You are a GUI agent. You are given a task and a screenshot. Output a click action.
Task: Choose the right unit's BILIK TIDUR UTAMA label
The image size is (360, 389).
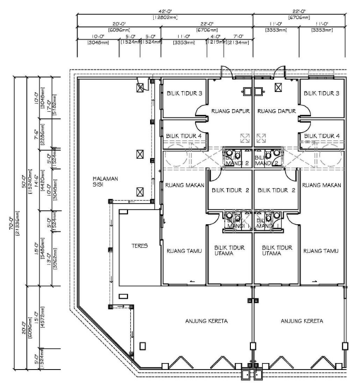click(x=276, y=250)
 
